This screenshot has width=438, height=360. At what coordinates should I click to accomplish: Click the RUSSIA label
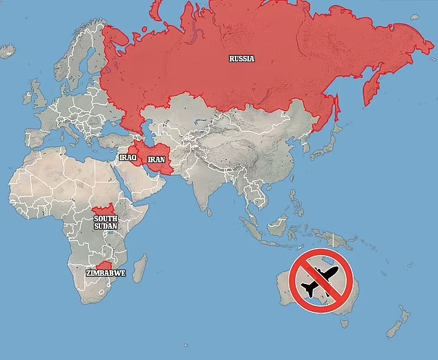click(242, 59)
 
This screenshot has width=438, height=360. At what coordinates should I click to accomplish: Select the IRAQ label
click(128, 158)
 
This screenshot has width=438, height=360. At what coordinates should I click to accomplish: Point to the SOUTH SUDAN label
click(106, 222)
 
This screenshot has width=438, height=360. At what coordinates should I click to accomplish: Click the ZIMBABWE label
click(105, 273)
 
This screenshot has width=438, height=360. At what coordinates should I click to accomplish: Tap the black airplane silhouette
click(322, 280)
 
